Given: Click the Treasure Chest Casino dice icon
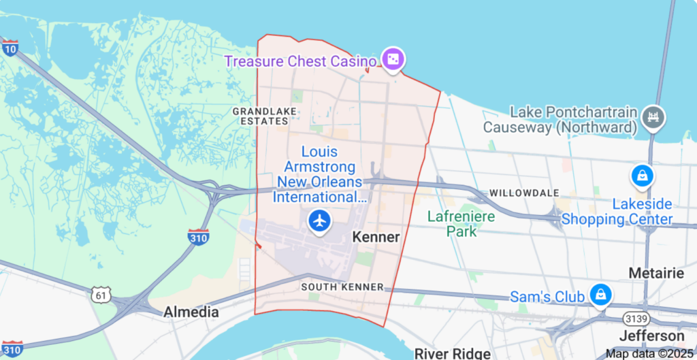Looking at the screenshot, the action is tap(393, 61).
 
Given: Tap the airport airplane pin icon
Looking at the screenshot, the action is tap(319, 220).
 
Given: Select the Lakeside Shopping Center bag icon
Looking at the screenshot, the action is tap(643, 176).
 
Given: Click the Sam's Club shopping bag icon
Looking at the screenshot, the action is tap(601, 295).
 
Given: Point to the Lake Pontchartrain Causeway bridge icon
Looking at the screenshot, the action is tap(653, 118).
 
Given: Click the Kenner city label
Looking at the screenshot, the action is tap(376, 236).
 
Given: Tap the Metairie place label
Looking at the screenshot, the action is tap(656, 273).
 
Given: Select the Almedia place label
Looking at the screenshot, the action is tap(191, 312).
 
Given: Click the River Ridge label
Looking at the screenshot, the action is tap(452, 353).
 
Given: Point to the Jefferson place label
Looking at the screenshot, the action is tap(651, 336).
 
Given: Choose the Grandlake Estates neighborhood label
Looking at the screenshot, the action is tap(261, 116).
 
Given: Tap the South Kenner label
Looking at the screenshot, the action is tap(342, 287).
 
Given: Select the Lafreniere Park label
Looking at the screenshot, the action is tap(461, 224).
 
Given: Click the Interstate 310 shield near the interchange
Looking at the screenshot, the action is tap(198, 237).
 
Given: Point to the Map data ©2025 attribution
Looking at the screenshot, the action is tap(651, 353).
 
